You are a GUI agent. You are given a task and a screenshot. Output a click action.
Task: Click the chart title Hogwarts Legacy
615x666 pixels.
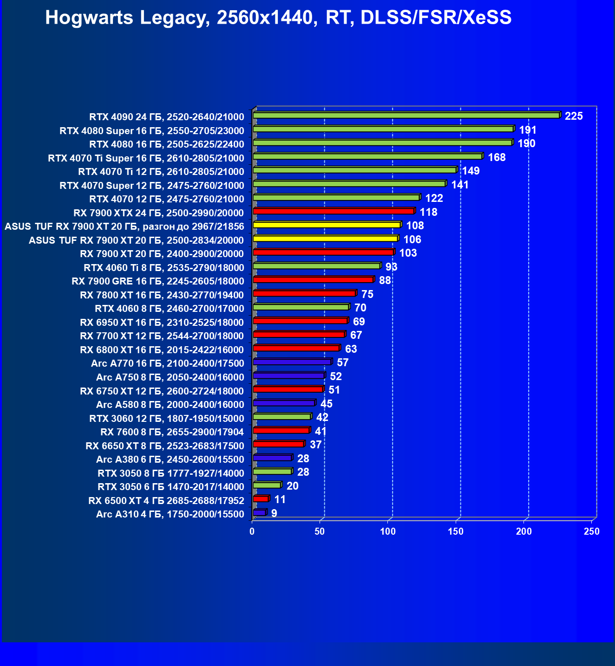tap(278, 18)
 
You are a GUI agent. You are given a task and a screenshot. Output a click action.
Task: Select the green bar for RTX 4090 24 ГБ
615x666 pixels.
tap(406, 116)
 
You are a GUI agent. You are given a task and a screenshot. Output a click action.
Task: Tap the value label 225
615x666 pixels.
tap(574, 116)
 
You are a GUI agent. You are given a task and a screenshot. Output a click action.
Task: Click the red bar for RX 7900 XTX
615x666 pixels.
tap(333, 212)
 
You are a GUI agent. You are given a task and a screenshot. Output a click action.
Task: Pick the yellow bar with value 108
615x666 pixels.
tap(327, 225)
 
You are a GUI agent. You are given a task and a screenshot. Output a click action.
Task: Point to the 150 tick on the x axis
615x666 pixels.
tap(456, 531)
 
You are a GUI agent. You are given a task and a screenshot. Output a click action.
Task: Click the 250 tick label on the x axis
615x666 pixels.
tap(592, 531)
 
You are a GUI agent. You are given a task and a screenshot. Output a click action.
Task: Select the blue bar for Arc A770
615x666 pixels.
tap(292, 362)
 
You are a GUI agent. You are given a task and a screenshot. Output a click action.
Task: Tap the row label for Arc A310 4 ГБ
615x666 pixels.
tap(170, 514)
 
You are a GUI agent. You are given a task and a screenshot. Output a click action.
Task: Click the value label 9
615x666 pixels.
tap(274, 513)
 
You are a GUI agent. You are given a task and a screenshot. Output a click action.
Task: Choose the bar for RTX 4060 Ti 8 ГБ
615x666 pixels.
tap(316, 266)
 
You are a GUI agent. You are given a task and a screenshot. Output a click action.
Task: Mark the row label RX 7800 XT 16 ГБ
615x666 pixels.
tap(162, 295)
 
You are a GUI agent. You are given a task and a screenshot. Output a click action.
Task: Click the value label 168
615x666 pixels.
tap(497, 157)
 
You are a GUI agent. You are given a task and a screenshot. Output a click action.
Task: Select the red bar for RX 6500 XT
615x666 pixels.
tap(261, 499)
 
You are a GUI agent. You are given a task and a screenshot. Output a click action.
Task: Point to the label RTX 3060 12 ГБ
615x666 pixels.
tap(166, 419)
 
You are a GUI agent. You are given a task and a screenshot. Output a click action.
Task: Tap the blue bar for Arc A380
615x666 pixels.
tap(272, 458)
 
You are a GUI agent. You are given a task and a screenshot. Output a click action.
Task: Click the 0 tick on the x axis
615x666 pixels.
tap(252, 531)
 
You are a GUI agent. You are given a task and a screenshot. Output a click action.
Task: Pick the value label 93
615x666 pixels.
tap(391, 267)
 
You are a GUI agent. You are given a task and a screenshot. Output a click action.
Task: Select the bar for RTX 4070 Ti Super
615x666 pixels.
tap(367, 157)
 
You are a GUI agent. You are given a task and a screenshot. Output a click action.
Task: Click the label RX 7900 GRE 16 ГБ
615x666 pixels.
tap(157, 281)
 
